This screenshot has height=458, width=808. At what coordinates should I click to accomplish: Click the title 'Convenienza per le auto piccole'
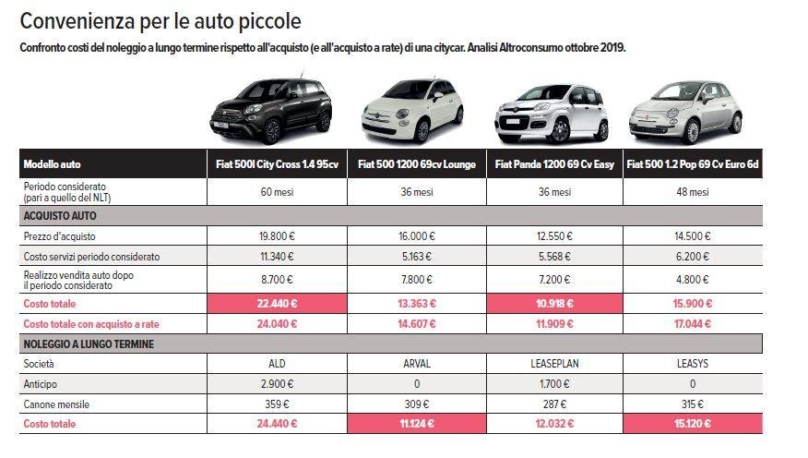click(x=160, y=19)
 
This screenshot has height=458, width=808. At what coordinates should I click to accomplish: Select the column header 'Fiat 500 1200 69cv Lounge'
click(x=416, y=164)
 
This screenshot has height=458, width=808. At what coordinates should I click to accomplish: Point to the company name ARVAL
click(x=416, y=364)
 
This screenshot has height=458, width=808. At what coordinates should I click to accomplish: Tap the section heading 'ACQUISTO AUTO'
click(x=60, y=215)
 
